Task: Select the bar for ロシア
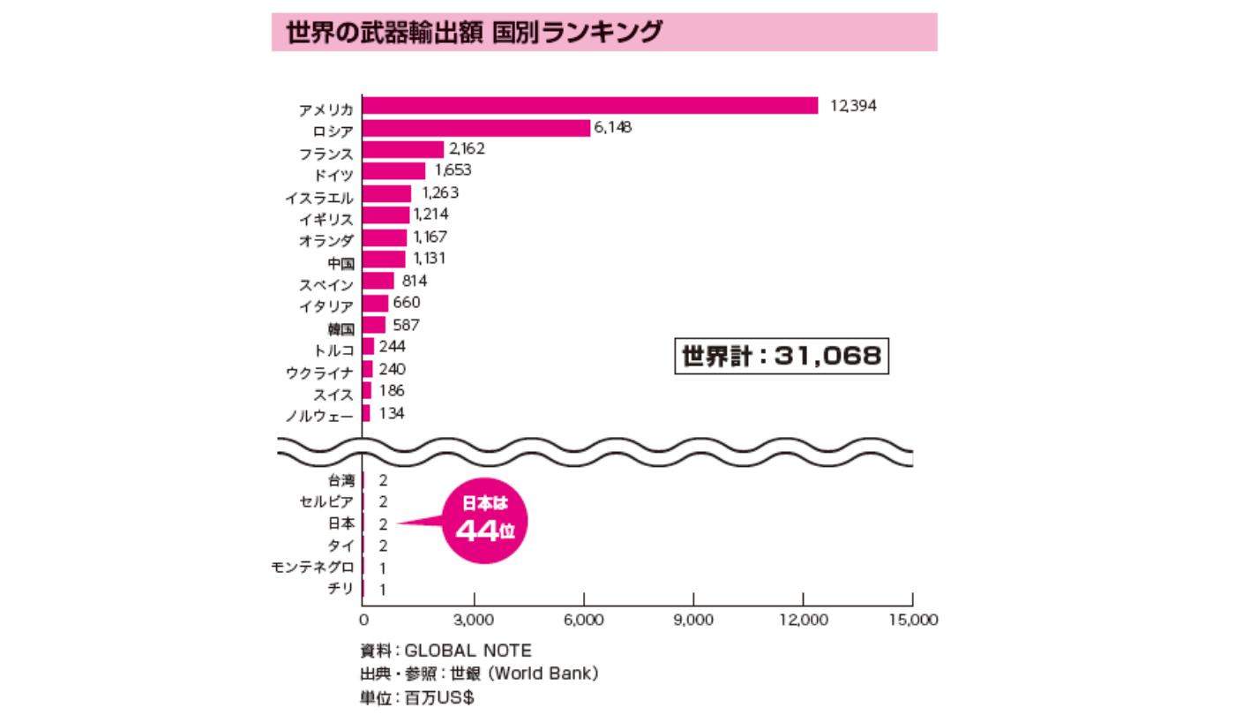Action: pos(476,128)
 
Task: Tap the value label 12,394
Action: pos(853,106)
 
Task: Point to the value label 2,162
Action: pos(467,149)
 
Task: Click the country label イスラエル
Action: pos(319,197)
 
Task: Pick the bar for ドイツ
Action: pos(394,171)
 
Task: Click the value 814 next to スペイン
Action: pos(414,282)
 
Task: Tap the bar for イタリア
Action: pos(376,304)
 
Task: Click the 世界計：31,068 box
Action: pos(781,357)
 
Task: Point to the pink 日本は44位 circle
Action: pos(485,520)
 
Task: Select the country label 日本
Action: pos(341,523)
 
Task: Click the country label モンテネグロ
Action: pos(313,567)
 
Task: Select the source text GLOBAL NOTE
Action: pos(468,651)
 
